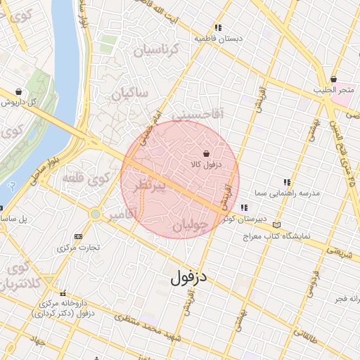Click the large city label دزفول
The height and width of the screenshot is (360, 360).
[x=190, y=277]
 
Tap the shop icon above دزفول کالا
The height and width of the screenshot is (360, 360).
[x=206, y=153]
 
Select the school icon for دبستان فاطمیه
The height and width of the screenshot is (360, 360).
[x=219, y=27]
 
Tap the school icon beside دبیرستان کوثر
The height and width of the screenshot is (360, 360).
[x=244, y=207]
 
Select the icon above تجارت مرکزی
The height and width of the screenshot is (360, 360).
[x=77, y=236]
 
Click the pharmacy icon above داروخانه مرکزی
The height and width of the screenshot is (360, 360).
[x=64, y=293]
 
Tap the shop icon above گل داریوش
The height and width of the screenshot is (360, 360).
[x=18, y=91]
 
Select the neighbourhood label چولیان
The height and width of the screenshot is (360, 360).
[x=191, y=226]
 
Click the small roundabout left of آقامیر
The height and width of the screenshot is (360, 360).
[x=94, y=213]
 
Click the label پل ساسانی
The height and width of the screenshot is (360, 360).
[x=14, y=219]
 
